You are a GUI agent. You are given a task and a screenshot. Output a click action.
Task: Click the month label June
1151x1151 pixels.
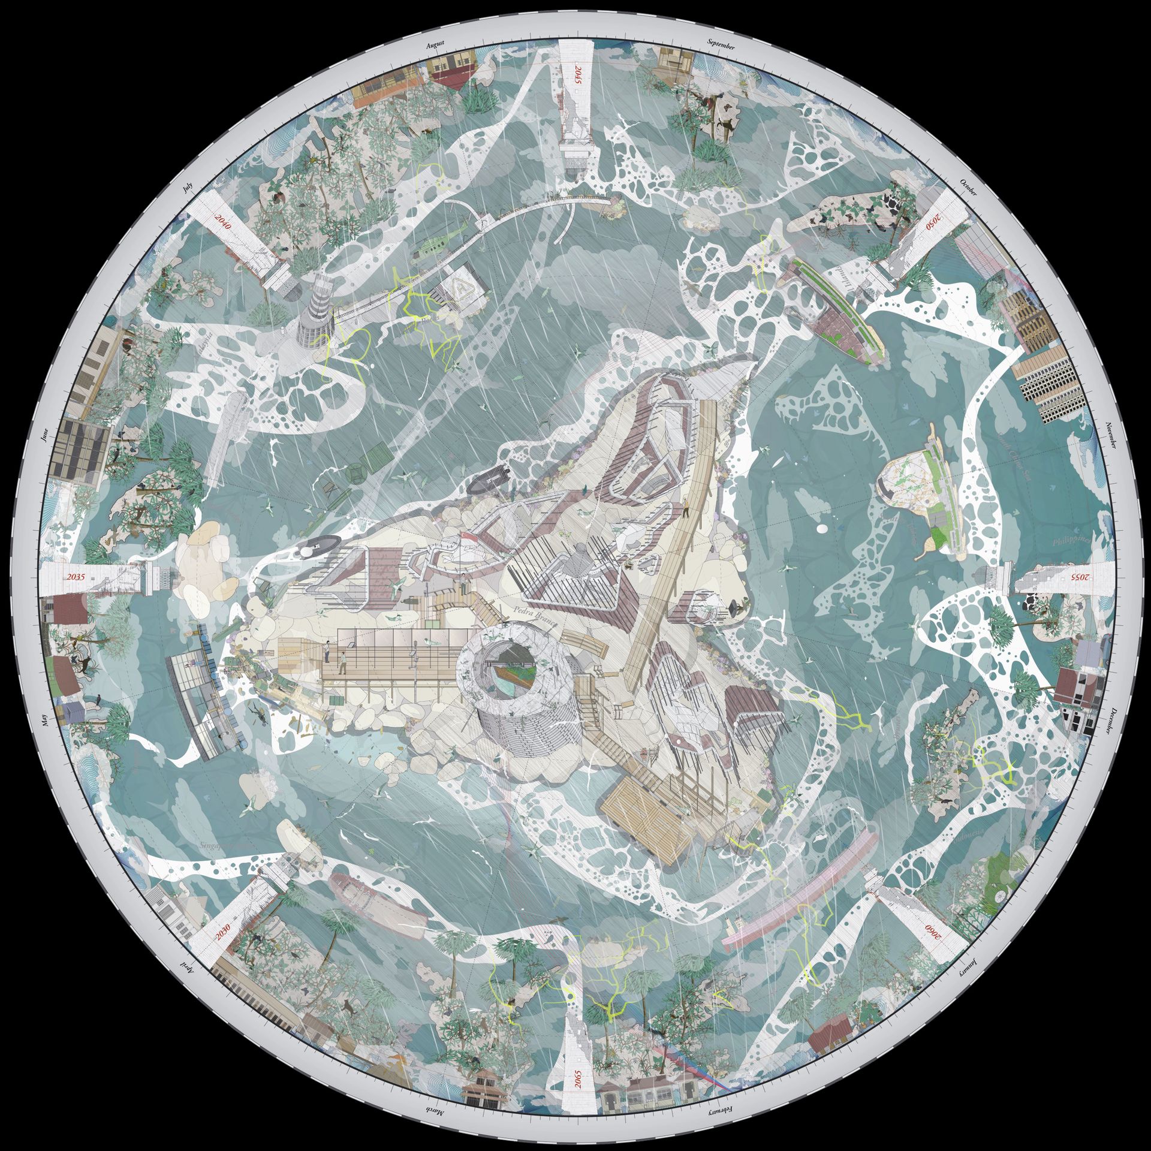point(44,436)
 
